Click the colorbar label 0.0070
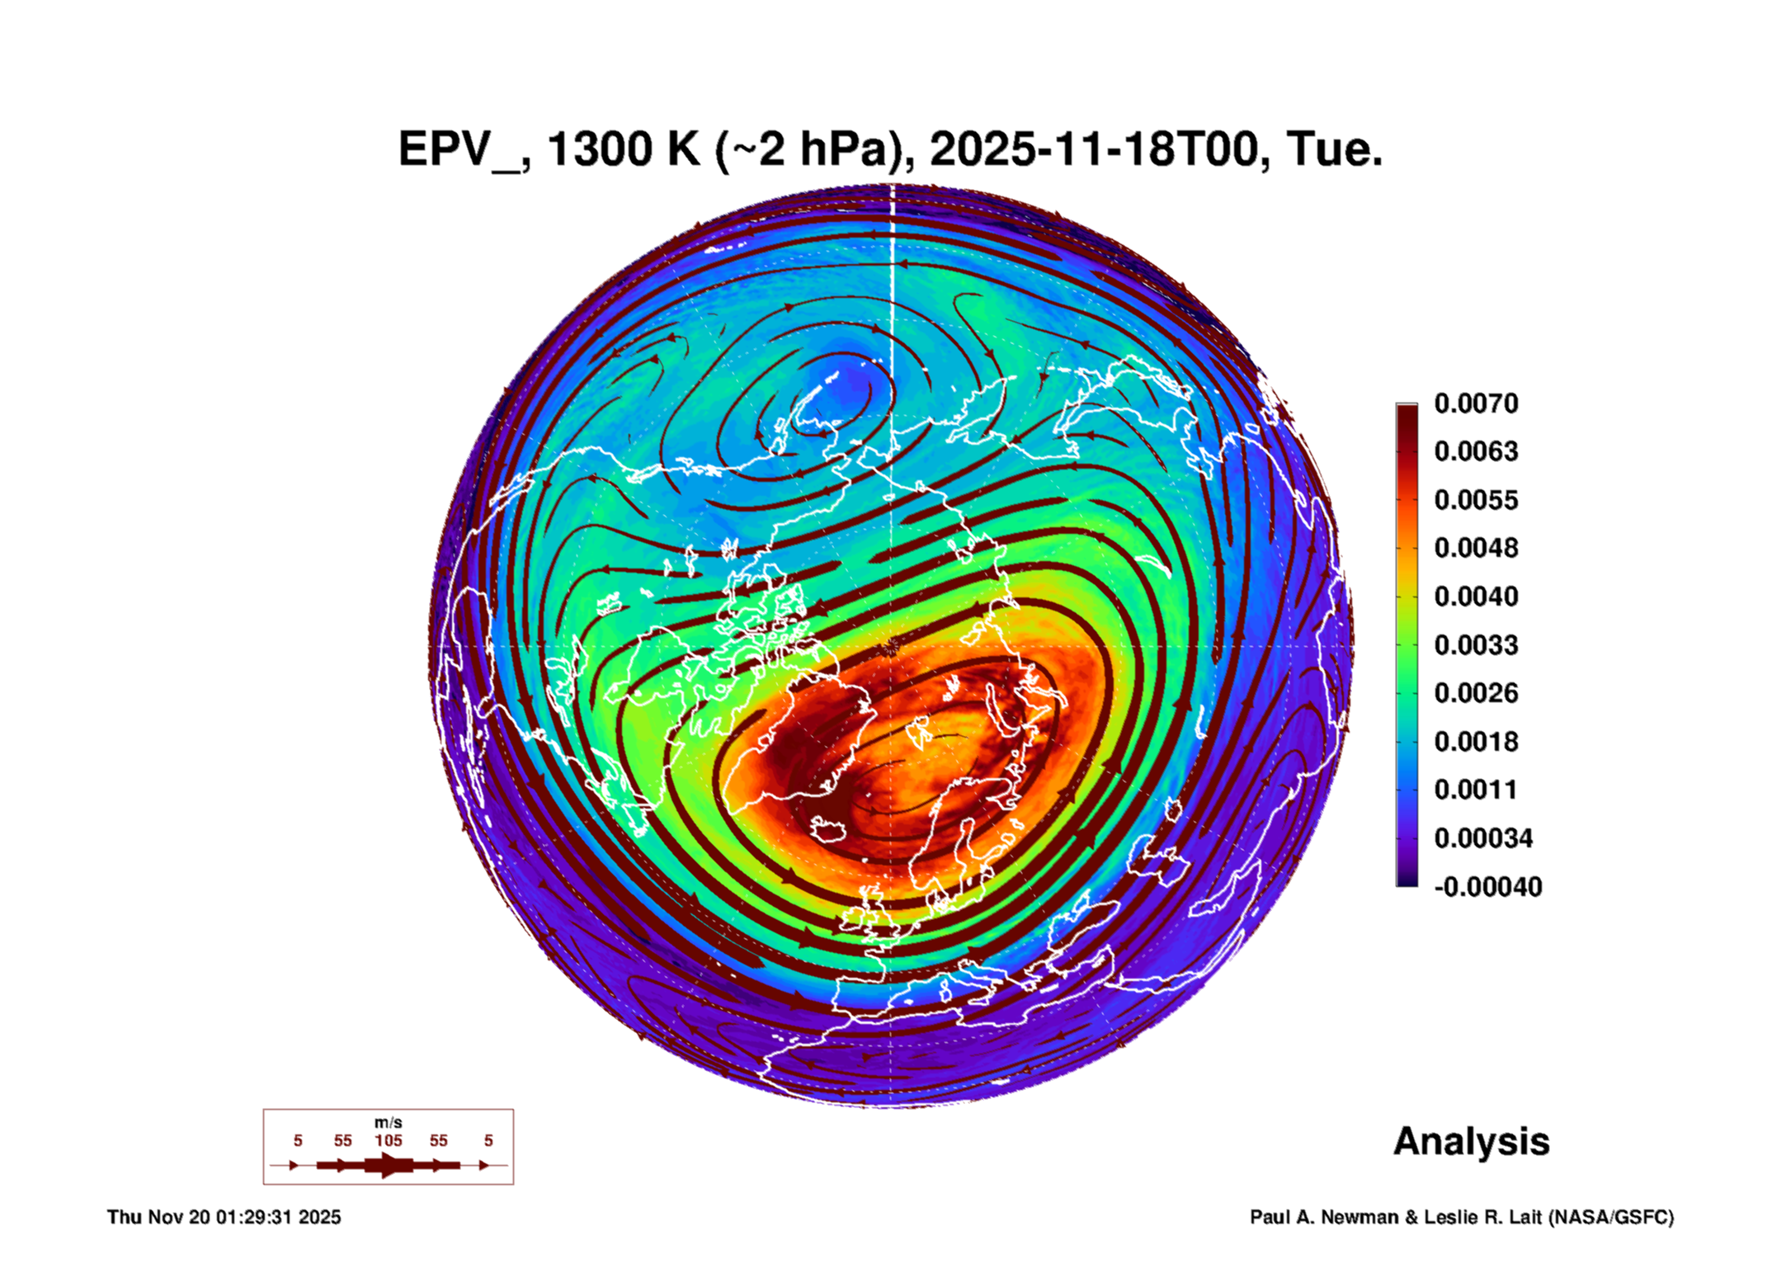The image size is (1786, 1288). coord(1476,403)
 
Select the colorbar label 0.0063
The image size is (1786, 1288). coord(1476,451)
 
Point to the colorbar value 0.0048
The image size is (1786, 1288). coord(1476,548)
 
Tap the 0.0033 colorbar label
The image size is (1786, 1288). coord(1476,644)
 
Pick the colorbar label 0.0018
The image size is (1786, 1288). coord(1476,741)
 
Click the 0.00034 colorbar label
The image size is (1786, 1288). coord(1482,838)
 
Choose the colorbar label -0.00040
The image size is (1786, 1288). coord(1487,887)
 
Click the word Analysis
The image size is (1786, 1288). coord(1471,1141)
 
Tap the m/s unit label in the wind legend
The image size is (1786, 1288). coord(388,1122)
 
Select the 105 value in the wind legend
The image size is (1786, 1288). coord(388,1140)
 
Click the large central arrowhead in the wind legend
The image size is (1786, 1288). coord(389,1165)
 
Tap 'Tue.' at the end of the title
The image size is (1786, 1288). coord(1334,150)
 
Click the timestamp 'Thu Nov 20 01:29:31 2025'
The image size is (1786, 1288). coord(224,1217)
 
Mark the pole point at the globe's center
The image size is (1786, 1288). coord(890,646)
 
